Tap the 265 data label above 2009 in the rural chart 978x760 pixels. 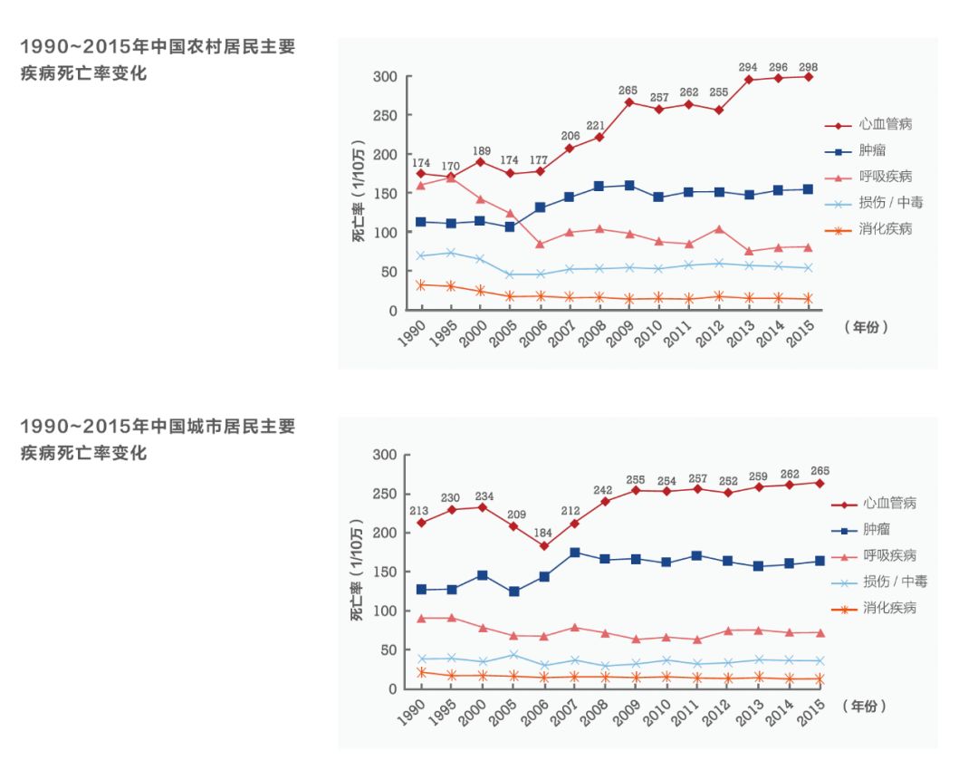pos(628,90)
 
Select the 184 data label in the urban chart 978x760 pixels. pos(542,532)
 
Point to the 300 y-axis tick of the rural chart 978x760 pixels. pos(385,77)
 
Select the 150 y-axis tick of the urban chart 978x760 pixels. pos(385,572)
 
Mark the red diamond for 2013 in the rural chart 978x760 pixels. pos(749,80)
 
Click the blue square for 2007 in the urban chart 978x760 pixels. pos(574,552)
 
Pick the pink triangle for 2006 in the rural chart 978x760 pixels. pos(540,244)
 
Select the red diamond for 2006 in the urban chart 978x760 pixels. pos(543,545)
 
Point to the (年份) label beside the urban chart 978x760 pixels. pos(863,705)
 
